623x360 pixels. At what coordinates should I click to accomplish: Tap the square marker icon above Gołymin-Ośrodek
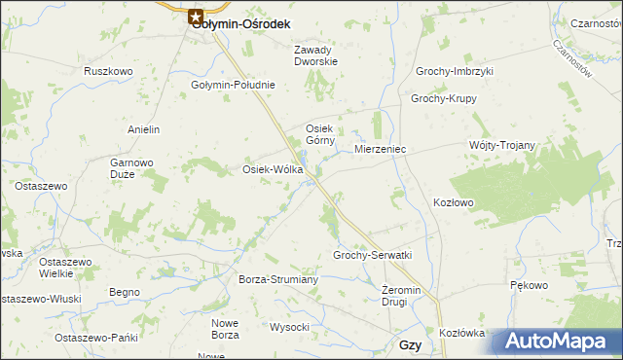click(197, 17)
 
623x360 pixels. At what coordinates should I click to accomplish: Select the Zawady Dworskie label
click(315, 56)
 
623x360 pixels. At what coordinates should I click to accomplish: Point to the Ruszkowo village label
click(108, 71)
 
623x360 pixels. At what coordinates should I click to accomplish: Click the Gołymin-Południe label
click(233, 85)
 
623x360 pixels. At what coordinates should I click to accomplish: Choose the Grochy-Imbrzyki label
click(455, 72)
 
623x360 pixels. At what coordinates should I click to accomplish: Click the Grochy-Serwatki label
click(373, 255)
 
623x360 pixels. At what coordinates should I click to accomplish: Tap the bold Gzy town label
click(410, 345)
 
